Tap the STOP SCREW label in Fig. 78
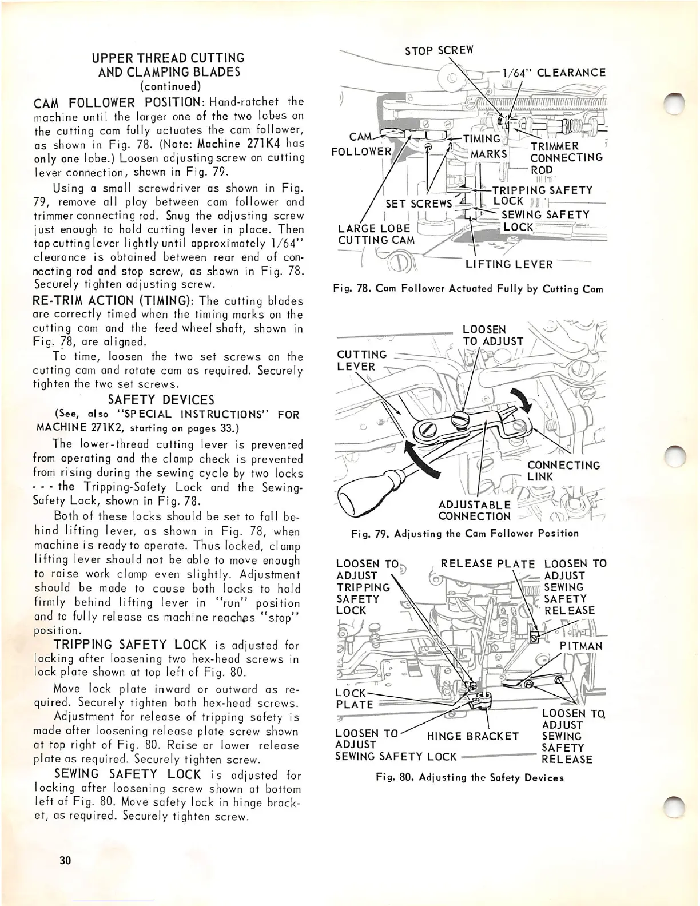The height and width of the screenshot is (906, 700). click(439, 50)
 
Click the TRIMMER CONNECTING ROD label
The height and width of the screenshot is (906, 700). click(566, 158)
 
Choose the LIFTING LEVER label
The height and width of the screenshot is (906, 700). click(509, 264)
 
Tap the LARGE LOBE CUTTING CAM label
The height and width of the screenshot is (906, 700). click(376, 233)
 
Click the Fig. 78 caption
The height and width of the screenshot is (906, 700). click(468, 289)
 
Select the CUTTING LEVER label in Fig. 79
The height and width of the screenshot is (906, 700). click(361, 360)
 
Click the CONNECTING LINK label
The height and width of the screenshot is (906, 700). click(563, 471)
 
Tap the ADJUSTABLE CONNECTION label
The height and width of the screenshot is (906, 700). click(474, 510)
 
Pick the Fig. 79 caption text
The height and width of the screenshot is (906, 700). click(464, 533)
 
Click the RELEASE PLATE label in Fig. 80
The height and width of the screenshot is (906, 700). click(488, 564)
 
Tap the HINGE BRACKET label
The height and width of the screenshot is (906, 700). click(473, 736)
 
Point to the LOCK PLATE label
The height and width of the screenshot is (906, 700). click(354, 698)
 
